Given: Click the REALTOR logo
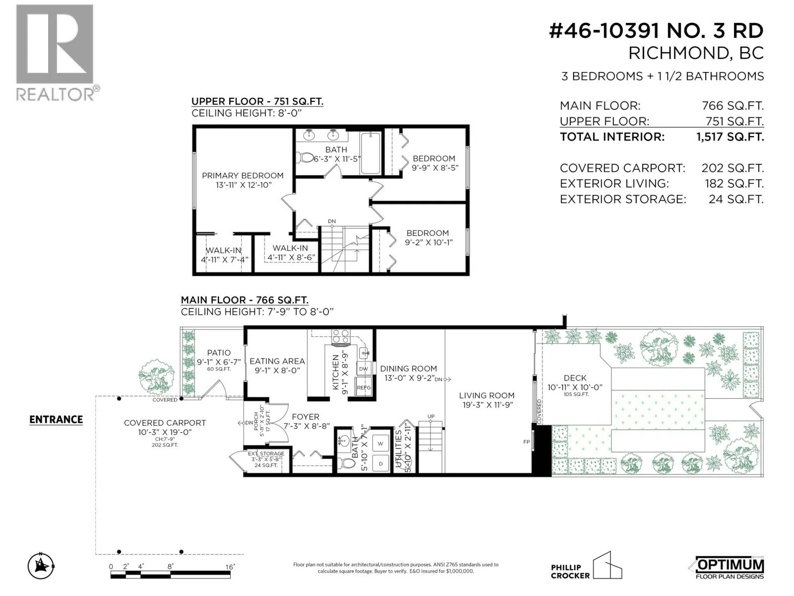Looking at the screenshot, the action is tap(58, 53).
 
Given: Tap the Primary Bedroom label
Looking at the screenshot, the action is tap(242, 175).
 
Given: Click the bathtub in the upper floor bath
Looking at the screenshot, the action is tap(370, 152).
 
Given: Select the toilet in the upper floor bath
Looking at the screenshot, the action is tap(305, 157).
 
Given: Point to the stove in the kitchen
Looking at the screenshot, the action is tap(341, 336).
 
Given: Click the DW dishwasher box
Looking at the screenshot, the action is tap(364, 369).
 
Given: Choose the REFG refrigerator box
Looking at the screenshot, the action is tap(364, 387).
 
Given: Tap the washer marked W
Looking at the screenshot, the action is tap(380, 444).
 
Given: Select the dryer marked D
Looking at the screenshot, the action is tap(381, 463).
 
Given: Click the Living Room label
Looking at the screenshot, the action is tap(486, 395).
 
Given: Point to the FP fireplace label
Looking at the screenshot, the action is tap(527, 442).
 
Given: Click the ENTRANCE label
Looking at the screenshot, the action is tap(56, 419).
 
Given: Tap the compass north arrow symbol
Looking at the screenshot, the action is tap(41, 566).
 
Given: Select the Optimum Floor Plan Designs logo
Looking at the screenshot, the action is tap(729, 568).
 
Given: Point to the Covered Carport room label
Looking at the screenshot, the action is tap(165, 423).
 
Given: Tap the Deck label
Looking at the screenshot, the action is tap(575, 378).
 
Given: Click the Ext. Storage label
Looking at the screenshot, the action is tap(266, 453).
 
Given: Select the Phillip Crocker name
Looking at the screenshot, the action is tap(570, 571).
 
